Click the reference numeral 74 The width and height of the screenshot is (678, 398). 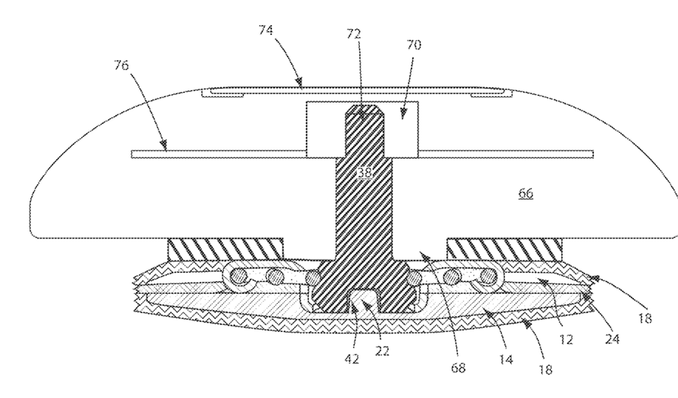pos(266,30)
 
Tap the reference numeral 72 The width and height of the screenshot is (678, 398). pos(353,34)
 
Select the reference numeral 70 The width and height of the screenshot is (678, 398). pos(414,46)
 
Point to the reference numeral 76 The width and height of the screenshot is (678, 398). pos(121,66)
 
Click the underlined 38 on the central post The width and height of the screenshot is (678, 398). pos(364,173)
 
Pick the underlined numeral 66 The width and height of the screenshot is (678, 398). pos(525,194)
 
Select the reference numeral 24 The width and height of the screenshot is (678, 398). pos(612,340)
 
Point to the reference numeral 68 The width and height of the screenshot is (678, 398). pos(458,368)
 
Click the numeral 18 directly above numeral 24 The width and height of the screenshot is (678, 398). pos(645,319)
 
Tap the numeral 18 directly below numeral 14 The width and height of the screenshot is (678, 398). pos(545,370)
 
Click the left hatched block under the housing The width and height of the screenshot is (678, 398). pos(225,248)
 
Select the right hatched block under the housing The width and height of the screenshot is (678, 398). pos(505,248)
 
